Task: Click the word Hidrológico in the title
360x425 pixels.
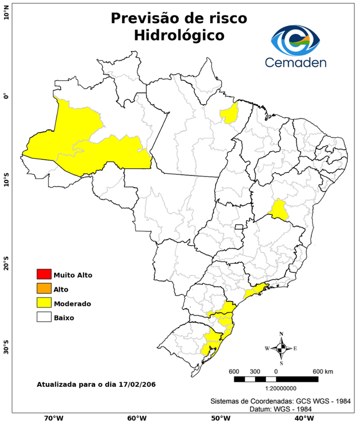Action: [x=179, y=35]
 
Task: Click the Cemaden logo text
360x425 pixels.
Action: [x=295, y=62]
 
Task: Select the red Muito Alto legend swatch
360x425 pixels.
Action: [x=43, y=274]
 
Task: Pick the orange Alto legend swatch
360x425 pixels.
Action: [x=43, y=289]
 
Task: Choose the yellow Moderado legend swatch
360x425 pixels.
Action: [x=43, y=303]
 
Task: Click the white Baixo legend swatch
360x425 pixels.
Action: [x=43, y=318]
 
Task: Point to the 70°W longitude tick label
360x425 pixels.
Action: [x=54, y=418]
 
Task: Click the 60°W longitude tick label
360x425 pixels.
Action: [x=137, y=418]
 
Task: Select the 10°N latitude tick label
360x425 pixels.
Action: [x=6, y=12]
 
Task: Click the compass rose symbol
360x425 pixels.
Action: [x=281, y=348]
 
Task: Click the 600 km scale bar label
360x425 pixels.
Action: [x=323, y=371]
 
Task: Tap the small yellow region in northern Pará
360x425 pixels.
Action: [x=228, y=113]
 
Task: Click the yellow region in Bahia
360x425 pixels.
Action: [x=280, y=209]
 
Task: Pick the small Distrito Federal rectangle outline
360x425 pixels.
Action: [x=239, y=227]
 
